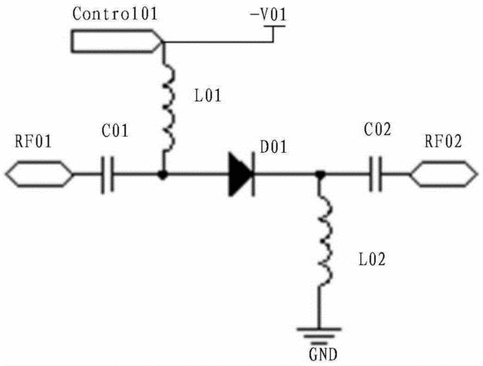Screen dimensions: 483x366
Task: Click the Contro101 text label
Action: pyautogui.click(x=115, y=14)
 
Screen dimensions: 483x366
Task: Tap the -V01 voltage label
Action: pyautogui.click(x=268, y=15)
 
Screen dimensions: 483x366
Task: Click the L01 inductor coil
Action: pyautogui.click(x=169, y=108)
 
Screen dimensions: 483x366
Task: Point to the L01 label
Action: pyautogui.click(x=208, y=95)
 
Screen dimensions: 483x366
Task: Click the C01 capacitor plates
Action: pyautogui.click(x=107, y=175)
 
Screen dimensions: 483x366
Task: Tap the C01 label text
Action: pyautogui.click(x=115, y=130)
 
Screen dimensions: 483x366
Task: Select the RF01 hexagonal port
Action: pyautogui.click(x=39, y=174)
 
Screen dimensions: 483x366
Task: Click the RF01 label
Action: pyautogui.click(x=33, y=142)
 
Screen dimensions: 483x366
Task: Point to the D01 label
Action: pyautogui.click(x=273, y=147)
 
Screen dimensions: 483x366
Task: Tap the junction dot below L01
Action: pyautogui.click(x=163, y=175)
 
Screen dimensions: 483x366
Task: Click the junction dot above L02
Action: pyautogui.click(x=320, y=175)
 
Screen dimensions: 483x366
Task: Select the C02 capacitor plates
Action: pyautogui.click(x=376, y=174)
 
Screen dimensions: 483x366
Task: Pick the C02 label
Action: pyautogui.click(x=377, y=129)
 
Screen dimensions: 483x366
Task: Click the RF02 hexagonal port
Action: pyautogui.click(x=444, y=174)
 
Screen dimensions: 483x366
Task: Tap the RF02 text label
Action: pyautogui.click(x=444, y=142)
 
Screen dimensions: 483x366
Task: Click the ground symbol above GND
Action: pyautogui.click(x=319, y=335)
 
